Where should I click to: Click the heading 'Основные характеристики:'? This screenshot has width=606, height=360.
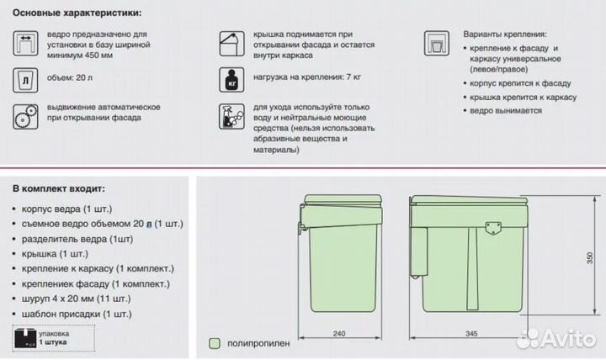point(77,13)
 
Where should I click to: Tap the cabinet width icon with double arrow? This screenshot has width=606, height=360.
point(25,43)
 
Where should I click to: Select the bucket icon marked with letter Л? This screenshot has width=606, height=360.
point(25,80)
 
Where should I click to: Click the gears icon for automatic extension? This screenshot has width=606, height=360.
point(25,116)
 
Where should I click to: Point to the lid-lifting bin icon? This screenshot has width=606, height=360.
point(232,44)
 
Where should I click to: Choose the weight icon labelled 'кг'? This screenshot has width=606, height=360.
point(232,80)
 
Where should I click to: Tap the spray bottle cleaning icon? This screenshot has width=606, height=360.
point(232,116)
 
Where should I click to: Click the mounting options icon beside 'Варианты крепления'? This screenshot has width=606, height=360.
point(437,43)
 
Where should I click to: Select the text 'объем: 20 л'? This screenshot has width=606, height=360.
point(70,77)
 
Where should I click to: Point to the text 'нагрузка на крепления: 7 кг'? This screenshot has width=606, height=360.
point(307,77)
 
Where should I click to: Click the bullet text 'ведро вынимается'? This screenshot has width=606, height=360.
point(506,111)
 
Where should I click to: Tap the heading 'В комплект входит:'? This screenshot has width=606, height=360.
point(59,189)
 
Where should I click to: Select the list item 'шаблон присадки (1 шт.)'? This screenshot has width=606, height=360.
point(77,314)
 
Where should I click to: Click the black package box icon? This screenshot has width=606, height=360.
point(25,338)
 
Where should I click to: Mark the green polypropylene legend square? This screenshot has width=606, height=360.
point(215,343)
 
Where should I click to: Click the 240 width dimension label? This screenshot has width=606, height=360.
point(339,334)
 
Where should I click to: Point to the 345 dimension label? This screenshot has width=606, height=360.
point(471,334)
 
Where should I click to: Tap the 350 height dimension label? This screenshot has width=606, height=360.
point(590,257)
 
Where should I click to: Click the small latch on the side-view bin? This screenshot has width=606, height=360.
point(493,228)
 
